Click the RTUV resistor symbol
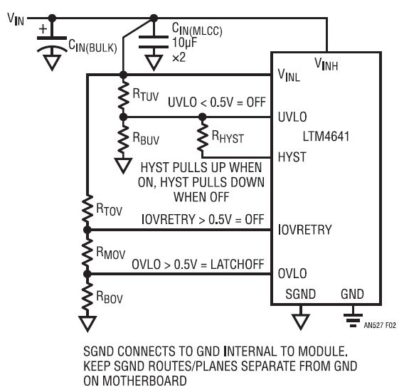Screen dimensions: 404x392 [124, 96]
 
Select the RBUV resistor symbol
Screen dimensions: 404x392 [124, 139]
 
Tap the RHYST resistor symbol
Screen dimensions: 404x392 [203, 137]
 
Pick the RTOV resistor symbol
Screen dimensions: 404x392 [87, 209]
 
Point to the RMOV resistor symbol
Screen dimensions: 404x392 [87, 252]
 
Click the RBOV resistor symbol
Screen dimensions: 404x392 [87, 295]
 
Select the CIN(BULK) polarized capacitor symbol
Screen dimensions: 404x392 [52, 43]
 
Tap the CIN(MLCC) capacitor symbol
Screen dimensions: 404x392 [154, 42]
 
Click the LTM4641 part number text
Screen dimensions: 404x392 [326, 137]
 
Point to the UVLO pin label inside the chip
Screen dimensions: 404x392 [292, 117]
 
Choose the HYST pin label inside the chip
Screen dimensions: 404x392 [292, 157]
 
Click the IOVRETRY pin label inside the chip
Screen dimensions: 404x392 [305, 229]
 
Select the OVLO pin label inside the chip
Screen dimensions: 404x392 [292, 273]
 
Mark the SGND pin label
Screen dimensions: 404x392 [300, 294]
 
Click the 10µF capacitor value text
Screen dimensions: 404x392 [184, 43]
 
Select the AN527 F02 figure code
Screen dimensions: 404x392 [380, 325]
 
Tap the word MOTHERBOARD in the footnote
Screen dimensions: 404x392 [144, 381]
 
